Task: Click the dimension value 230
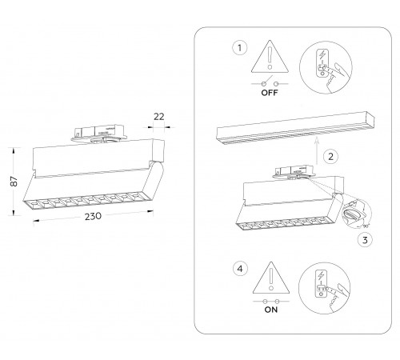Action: point(93,216)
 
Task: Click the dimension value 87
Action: point(14,182)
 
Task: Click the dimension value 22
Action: point(159,117)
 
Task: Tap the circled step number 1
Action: point(239,48)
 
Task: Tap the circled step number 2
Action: point(330,156)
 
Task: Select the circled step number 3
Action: point(365,240)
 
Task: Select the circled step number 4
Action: point(240,269)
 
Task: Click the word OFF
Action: point(270,93)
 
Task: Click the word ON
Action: point(271,310)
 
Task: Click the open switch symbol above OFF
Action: point(270,82)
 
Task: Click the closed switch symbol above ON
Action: point(271,302)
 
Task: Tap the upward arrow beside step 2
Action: point(317,150)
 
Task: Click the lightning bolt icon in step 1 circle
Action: point(322,55)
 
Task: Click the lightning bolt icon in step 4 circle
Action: point(321,276)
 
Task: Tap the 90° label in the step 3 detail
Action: point(364,226)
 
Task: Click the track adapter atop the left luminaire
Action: point(98,134)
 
